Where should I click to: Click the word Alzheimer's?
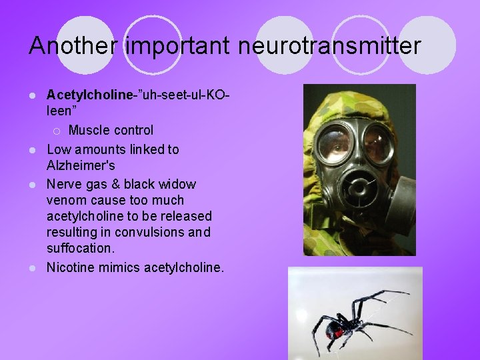(81, 165)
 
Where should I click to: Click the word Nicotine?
(69, 267)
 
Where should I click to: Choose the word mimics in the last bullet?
(119, 267)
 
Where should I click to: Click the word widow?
(177, 183)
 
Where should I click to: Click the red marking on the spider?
(339, 331)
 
